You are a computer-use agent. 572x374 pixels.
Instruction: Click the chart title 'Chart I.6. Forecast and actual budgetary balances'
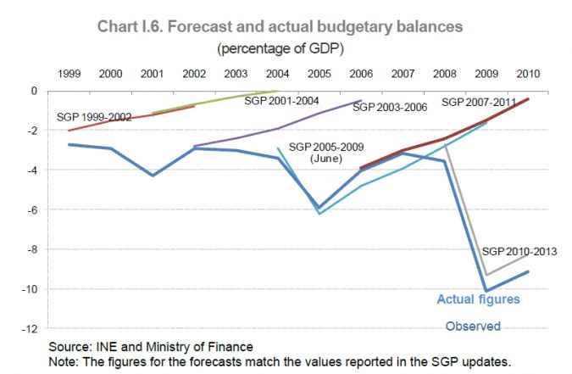pos(286,26)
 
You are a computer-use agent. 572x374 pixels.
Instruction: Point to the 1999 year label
pos(69,74)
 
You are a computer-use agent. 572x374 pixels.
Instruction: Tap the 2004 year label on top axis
pos(277,74)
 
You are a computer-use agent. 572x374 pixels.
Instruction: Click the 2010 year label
pos(530,74)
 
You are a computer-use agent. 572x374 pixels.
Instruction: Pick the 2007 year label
pos(403,74)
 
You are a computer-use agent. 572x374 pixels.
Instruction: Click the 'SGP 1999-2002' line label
pos(94,117)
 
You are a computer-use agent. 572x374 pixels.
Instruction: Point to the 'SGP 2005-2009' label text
pos(323,147)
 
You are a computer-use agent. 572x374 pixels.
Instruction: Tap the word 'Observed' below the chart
pos(473,327)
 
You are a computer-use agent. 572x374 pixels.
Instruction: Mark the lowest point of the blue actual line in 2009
pos(486,291)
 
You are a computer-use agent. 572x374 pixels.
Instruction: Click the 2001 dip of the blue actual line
pos(153,176)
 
